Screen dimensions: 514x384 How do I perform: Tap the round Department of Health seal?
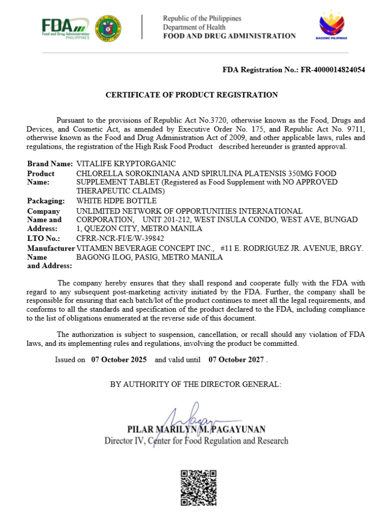pyautogui.click(x=107, y=28)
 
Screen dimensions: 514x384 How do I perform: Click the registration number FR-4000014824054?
pyautogui.click(x=332, y=70)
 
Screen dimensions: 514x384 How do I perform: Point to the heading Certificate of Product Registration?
pyautogui.click(x=191, y=94)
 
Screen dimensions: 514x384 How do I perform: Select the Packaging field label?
pyautogui.click(x=46, y=201)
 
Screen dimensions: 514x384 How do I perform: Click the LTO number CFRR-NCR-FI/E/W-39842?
pyautogui.click(x=120, y=238)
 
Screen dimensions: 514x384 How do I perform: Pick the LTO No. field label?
pyautogui.click(x=44, y=238)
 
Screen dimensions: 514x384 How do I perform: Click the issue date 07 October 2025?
pyautogui.click(x=119, y=359)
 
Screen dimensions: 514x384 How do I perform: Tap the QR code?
pyautogui.click(x=199, y=487)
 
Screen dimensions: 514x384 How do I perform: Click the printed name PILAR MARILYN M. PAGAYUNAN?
pyautogui.click(x=197, y=430)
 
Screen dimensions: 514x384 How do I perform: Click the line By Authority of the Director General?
pyautogui.click(x=196, y=384)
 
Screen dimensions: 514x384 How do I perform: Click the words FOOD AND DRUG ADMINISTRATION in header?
pyautogui.click(x=229, y=36)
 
